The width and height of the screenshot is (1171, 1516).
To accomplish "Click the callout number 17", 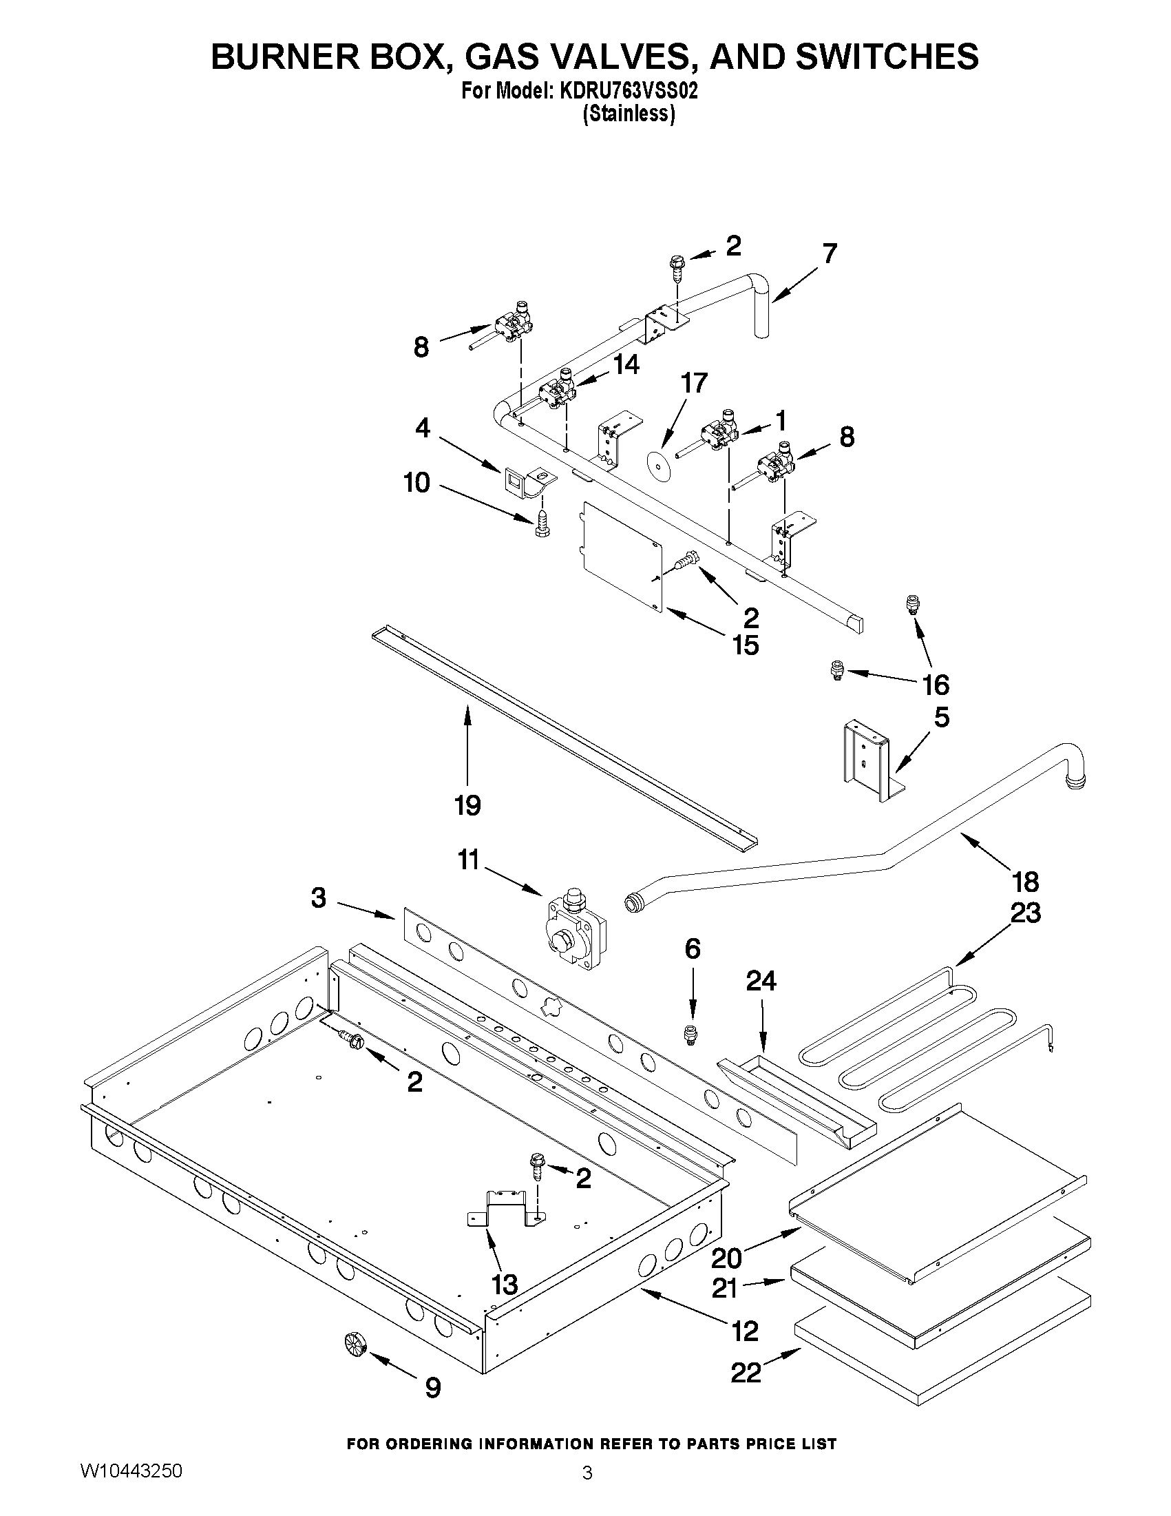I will [x=694, y=383].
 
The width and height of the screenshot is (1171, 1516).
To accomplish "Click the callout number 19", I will [x=467, y=805].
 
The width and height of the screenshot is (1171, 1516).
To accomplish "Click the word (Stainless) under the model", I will [x=628, y=114].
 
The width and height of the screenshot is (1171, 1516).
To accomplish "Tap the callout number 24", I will [x=761, y=981].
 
